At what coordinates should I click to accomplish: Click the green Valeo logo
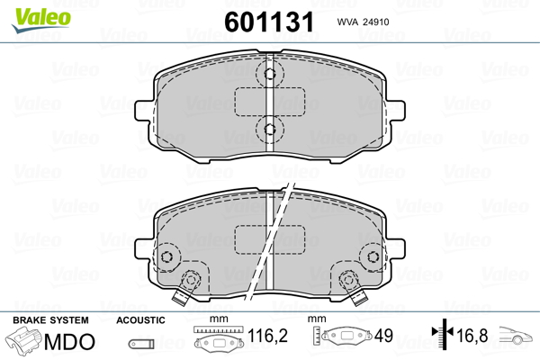[41, 20]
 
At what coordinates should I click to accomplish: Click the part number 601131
[269, 22]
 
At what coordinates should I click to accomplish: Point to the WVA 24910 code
[363, 22]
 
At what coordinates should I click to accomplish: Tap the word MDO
[69, 341]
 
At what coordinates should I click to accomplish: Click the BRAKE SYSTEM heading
[50, 320]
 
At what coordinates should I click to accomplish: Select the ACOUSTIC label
[140, 320]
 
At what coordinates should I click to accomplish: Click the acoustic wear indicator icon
[141, 344]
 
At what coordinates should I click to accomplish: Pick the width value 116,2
[267, 335]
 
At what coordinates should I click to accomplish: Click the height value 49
[383, 336]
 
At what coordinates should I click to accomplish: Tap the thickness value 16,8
[472, 336]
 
